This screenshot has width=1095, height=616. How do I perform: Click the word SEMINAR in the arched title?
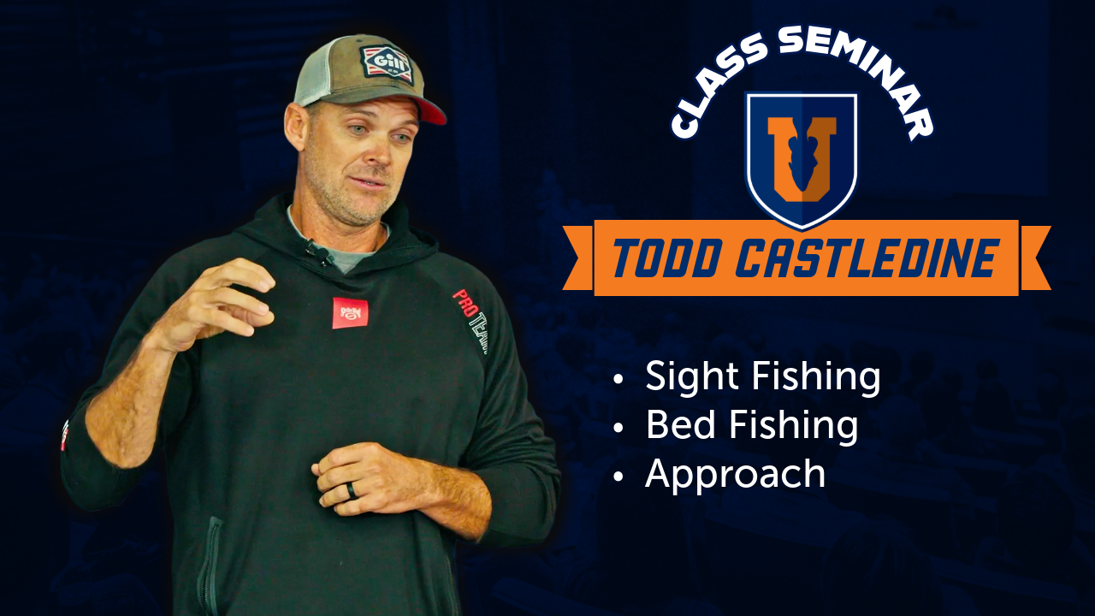[855, 73]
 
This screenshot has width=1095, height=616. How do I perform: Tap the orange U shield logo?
[802, 158]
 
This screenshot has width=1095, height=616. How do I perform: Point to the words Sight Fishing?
[762, 377]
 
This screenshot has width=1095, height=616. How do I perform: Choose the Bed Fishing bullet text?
[751, 425]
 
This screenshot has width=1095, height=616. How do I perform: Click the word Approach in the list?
[735, 474]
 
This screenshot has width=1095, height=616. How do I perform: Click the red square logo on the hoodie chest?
[350, 312]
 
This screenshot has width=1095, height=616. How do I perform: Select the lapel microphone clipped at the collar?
[318, 252]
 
